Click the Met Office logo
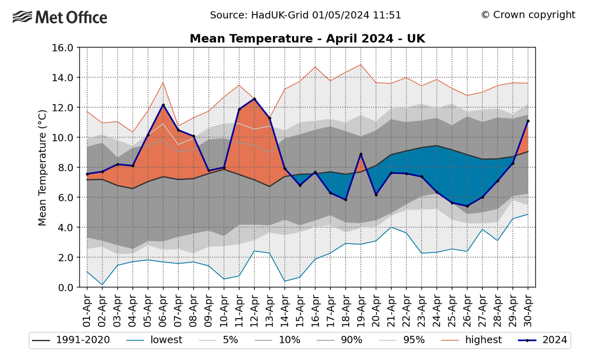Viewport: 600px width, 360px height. point(60,18)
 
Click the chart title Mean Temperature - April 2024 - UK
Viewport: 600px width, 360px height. point(307,39)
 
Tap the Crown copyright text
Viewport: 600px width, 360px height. point(528,15)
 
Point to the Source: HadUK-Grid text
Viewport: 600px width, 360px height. point(305,15)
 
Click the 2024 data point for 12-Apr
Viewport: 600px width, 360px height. point(254,99)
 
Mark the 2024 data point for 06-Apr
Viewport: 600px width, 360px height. point(163,105)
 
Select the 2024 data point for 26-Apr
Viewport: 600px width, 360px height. point(467,206)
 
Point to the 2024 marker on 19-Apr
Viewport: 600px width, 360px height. point(361,154)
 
